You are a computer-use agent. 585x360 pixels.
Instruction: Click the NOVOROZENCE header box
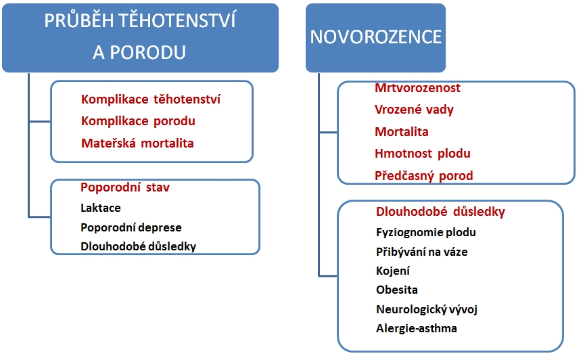click(x=375, y=38)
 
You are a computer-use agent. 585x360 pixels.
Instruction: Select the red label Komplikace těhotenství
click(x=151, y=99)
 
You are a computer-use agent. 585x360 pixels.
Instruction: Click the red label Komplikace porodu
click(x=138, y=121)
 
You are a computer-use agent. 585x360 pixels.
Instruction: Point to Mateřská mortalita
click(x=137, y=143)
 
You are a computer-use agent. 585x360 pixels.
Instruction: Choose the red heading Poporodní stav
click(x=125, y=187)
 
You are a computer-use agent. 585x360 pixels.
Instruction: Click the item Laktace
click(x=101, y=208)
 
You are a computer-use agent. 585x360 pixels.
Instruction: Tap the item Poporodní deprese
click(x=131, y=227)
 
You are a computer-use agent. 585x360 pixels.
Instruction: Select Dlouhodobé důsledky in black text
click(x=139, y=246)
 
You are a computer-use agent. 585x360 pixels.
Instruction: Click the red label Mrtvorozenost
click(x=417, y=88)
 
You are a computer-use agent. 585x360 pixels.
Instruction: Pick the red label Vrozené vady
click(x=414, y=110)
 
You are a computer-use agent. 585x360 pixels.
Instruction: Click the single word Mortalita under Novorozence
click(x=402, y=132)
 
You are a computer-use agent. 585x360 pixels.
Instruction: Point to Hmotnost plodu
click(x=422, y=154)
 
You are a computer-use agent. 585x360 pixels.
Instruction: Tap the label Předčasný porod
click(x=424, y=175)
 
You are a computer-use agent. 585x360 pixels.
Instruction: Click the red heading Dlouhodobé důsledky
click(x=441, y=212)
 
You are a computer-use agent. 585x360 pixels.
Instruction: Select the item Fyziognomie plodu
click(x=426, y=232)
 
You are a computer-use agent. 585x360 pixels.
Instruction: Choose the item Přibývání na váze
click(x=422, y=252)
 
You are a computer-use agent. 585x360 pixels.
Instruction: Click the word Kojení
click(x=393, y=271)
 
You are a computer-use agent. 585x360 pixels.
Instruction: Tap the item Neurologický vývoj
click(x=427, y=309)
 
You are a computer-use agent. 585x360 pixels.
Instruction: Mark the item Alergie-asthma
click(x=417, y=328)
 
